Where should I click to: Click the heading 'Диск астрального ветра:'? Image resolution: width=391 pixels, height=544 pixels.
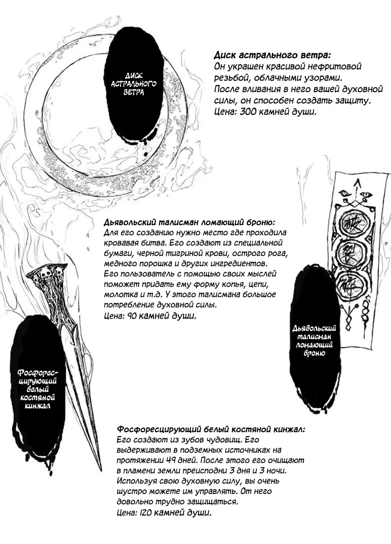point(273,55)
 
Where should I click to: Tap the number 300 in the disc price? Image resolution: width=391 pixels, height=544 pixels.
point(249,112)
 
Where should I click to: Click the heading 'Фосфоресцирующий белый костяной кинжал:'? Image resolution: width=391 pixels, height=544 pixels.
point(211,429)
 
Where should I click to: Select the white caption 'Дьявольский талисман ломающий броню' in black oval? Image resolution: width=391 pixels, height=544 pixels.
point(315,341)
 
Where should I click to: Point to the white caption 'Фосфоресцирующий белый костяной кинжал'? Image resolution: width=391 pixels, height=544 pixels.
point(38,389)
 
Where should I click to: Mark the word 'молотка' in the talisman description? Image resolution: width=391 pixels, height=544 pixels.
point(119,295)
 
